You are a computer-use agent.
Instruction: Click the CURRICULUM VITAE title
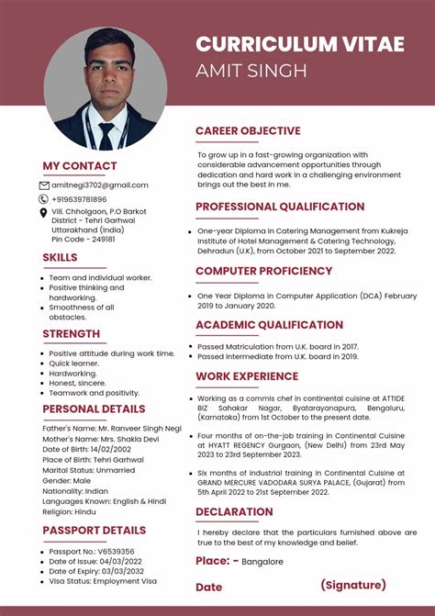[x=299, y=44]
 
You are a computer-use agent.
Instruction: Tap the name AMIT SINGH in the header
[x=251, y=71]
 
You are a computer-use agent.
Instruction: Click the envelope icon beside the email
[x=44, y=185]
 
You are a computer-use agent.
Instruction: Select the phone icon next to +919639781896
[x=44, y=199]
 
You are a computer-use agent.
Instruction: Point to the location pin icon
[x=44, y=213]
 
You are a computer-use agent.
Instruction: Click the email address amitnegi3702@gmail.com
[x=99, y=185]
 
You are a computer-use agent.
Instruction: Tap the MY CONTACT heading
[x=80, y=166]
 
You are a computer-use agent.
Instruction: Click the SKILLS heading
[x=60, y=257]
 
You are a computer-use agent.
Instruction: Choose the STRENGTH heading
[x=71, y=333]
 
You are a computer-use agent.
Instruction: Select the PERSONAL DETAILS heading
[x=94, y=409]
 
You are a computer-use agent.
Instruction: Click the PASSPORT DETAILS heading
[x=94, y=531]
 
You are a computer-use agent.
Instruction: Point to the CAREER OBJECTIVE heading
[x=248, y=131]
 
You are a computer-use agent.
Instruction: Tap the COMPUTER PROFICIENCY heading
[x=263, y=271]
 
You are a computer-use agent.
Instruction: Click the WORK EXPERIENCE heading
[x=247, y=376]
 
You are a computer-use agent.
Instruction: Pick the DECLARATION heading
[x=234, y=511]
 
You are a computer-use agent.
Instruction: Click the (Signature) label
[x=353, y=585]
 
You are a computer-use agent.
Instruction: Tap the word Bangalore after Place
[x=262, y=562]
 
